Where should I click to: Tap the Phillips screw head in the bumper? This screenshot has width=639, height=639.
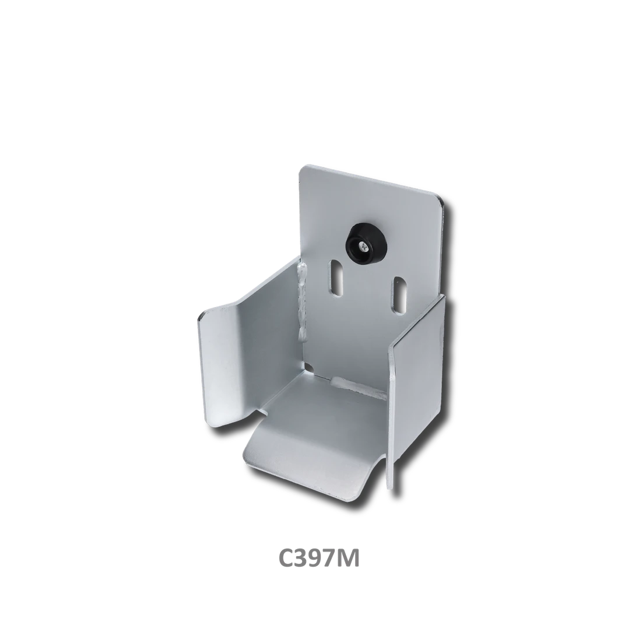tap(362, 245)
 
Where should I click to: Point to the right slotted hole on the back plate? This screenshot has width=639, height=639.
tap(399, 296)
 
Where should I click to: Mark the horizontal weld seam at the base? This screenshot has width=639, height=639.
tap(359, 388)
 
